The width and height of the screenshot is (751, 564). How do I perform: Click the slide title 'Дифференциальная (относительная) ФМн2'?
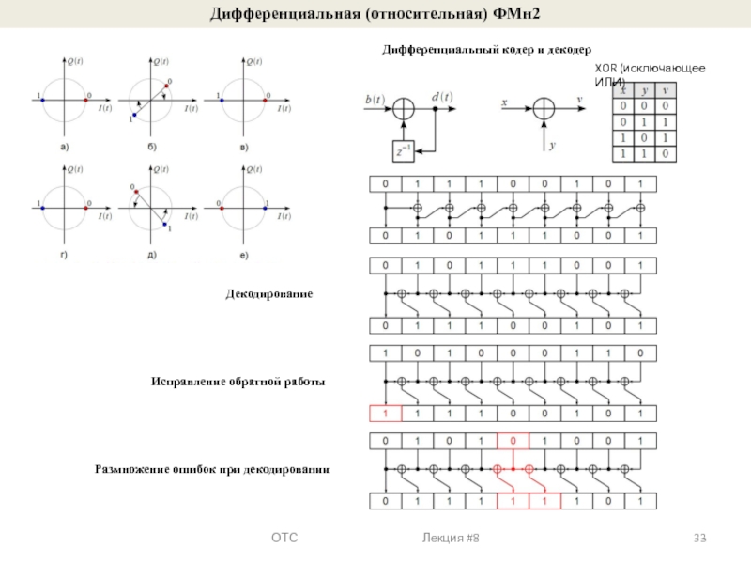(375, 13)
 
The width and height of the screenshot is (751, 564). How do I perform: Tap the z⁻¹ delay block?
(403, 148)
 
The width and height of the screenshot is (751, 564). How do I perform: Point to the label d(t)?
(441, 94)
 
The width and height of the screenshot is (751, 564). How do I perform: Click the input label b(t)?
(373, 98)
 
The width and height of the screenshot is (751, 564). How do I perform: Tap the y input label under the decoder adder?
(553, 146)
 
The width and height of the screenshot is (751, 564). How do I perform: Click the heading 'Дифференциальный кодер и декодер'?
(485, 48)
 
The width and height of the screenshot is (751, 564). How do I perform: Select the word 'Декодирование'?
(268, 294)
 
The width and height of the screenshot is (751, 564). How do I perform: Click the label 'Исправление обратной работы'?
(238, 382)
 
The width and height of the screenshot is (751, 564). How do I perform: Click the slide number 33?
(699, 538)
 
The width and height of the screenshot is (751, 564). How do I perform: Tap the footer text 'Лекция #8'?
(452, 538)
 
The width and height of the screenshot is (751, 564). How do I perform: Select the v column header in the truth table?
(665, 90)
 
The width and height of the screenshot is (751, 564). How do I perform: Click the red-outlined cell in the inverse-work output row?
(385, 412)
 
